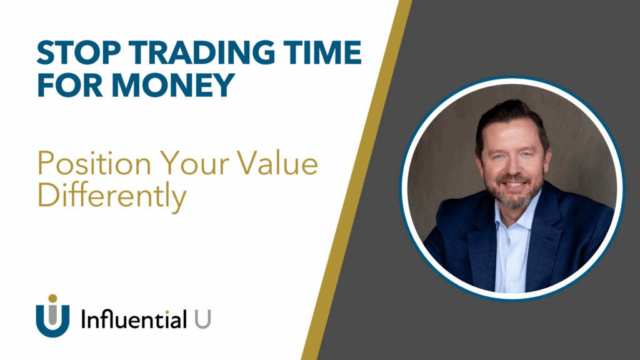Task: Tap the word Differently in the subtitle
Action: [x=112, y=196]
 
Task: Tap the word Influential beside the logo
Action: [x=134, y=320]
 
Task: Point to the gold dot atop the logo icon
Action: [x=52, y=299]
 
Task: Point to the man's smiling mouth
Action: [x=513, y=185]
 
